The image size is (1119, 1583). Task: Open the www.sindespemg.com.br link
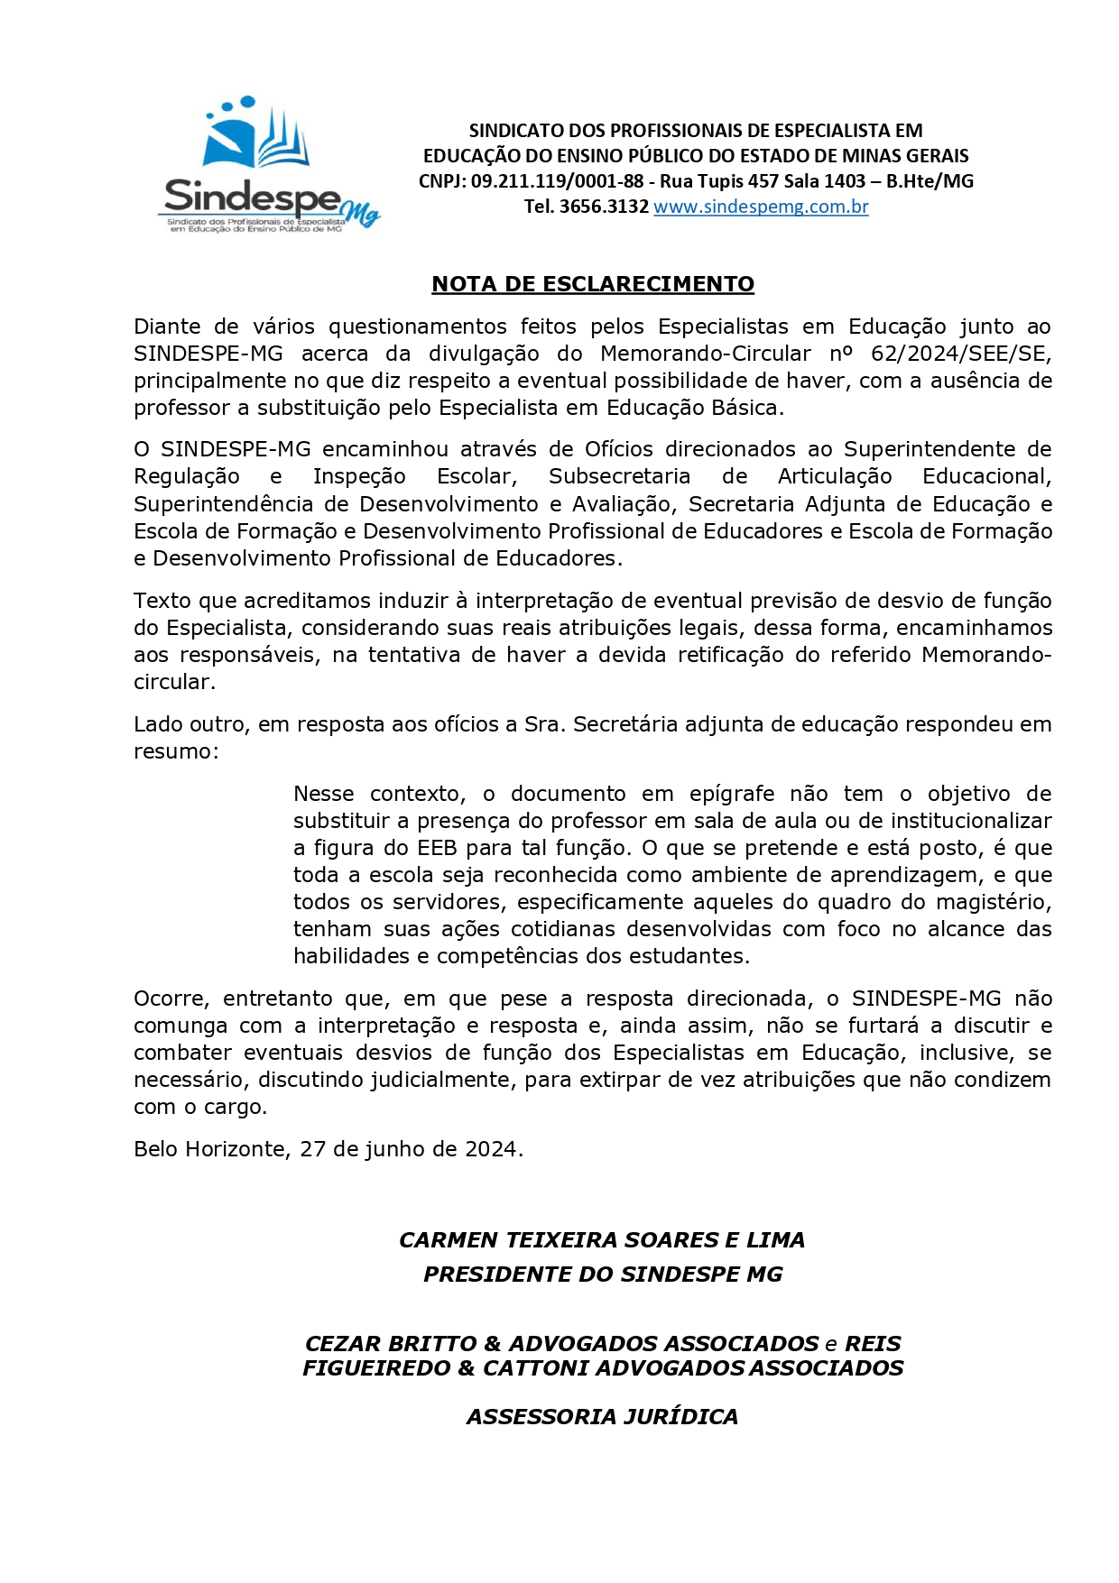761,207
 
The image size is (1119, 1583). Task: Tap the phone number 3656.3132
604,207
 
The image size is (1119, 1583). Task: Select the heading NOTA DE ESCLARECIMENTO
593,284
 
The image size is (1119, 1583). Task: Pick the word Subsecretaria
619,476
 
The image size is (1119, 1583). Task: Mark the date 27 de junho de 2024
410,1149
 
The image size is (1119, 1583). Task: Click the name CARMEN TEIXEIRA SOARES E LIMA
602,1240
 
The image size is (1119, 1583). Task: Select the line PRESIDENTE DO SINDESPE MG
603,1275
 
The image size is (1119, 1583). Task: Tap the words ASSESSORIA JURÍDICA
602,1417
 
